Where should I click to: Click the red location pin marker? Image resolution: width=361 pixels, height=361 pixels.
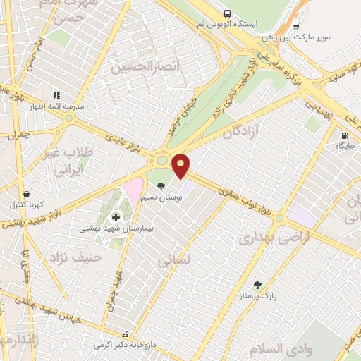(181, 165)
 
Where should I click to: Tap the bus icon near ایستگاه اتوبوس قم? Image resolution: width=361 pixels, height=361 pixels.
(227, 13)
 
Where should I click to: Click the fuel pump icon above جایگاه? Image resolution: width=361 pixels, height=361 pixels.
(344, 136)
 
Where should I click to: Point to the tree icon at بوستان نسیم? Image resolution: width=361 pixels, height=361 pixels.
(163, 187)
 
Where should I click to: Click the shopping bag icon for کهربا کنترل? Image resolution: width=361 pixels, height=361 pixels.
(26, 193)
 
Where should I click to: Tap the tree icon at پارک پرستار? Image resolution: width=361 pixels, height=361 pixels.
(257, 285)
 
